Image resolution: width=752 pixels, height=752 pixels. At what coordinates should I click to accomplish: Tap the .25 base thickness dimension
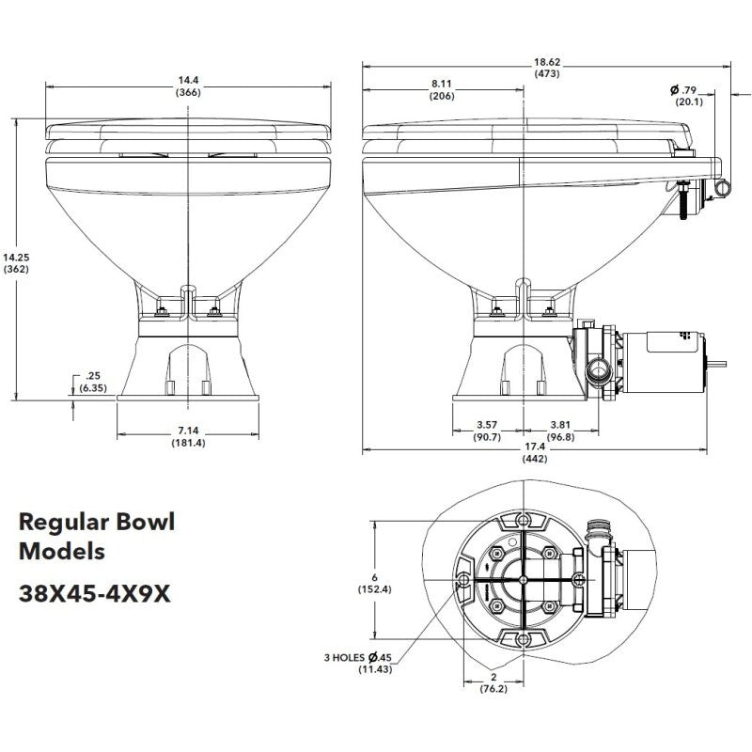(x=91, y=376)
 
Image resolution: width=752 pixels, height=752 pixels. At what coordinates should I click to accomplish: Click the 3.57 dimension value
(x=487, y=425)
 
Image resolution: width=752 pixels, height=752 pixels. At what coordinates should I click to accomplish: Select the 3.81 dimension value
(x=562, y=425)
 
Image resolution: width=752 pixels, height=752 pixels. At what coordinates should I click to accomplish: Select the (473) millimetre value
(x=548, y=72)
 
